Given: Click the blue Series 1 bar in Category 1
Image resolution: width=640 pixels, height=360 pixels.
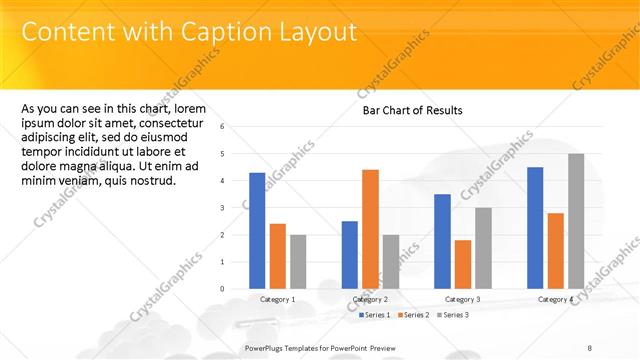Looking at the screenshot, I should coord(257,231).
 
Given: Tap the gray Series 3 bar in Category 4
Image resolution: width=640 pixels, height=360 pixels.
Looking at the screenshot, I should coord(575,221).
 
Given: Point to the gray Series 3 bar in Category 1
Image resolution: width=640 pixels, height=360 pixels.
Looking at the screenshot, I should coord(298,262).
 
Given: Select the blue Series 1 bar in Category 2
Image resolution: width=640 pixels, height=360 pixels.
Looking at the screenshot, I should coord(349,255).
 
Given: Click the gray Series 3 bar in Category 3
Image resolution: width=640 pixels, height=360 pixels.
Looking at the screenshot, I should coord(482,248).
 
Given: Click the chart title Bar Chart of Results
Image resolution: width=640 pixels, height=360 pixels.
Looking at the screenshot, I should coord(412,111).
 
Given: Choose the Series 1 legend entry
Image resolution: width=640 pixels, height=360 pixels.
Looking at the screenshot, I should coord(375,315).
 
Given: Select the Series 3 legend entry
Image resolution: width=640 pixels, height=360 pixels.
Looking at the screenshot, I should coord(453,315).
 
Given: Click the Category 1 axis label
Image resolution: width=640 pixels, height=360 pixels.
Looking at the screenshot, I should coord(278,299).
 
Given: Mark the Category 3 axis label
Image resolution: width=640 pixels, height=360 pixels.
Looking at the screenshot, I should coord(462,299).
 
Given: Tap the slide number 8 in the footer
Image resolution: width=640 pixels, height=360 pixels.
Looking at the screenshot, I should coord(590,347).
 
